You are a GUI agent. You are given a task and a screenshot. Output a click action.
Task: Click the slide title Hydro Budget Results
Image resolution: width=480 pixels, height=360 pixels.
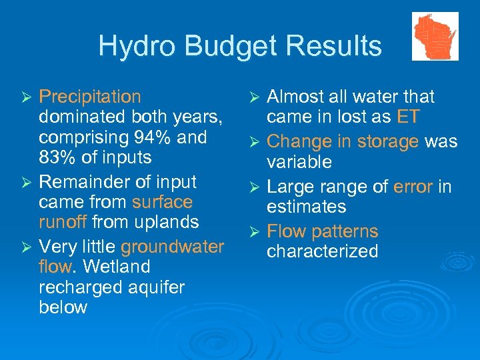click(x=240, y=46)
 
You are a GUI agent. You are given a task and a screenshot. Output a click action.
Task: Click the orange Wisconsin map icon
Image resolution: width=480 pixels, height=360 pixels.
click(x=435, y=36)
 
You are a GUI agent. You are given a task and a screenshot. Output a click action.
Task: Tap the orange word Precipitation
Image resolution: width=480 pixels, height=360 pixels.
click(x=90, y=97)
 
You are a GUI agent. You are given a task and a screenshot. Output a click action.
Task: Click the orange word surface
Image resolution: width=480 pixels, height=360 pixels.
click(x=162, y=202)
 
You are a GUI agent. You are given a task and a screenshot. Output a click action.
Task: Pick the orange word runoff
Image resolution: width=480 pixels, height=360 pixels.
click(x=63, y=222)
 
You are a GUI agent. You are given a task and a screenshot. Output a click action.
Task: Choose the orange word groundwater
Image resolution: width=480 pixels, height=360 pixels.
click(x=172, y=247)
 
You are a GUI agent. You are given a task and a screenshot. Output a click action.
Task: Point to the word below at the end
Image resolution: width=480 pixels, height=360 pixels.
click(x=63, y=307)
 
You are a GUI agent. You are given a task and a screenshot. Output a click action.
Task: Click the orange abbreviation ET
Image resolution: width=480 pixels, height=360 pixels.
click(x=408, y=117)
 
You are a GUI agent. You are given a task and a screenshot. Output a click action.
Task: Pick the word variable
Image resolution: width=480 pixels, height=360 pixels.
click(x=299, y=162)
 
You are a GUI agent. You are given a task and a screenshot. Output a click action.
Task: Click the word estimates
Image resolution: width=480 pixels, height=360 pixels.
click(x=306, y=207)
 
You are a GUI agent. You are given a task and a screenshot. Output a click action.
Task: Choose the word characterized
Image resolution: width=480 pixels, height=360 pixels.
click(x=322, y=252)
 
